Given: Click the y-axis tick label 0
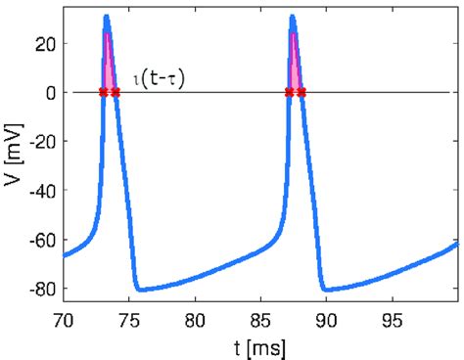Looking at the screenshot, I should click(x=50, y=92).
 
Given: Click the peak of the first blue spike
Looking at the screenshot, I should click(x=107, y=17).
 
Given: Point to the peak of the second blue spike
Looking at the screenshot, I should click(x=293, y=17).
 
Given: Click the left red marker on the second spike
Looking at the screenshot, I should click(x=289, y=92).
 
